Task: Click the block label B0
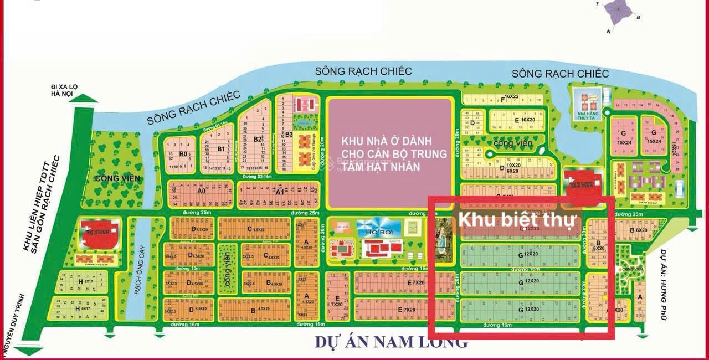click(x=183, y=153)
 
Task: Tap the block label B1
click(x=220, y=148)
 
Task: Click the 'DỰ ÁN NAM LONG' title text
click(x=391, y=342)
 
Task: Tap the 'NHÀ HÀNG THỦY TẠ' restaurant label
click(x=586, y=116)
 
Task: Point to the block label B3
click(x=289, y=134)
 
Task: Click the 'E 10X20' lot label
click(x=524, y=120)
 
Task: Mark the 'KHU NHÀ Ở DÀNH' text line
click(x=387, y=141)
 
